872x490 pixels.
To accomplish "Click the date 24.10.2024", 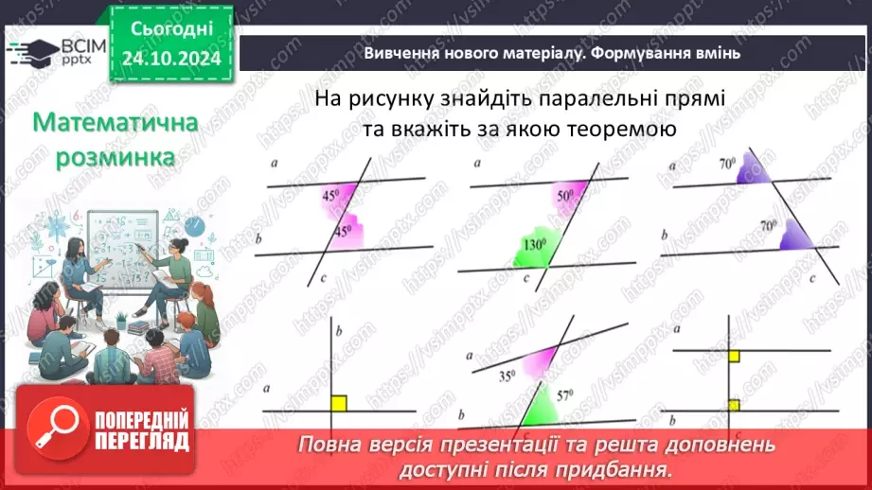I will click(170, 60).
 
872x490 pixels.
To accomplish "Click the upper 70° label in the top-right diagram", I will click(727, 164).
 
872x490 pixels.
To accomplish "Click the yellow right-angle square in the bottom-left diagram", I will click(339, 403).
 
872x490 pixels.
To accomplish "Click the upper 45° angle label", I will click(331, 197).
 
